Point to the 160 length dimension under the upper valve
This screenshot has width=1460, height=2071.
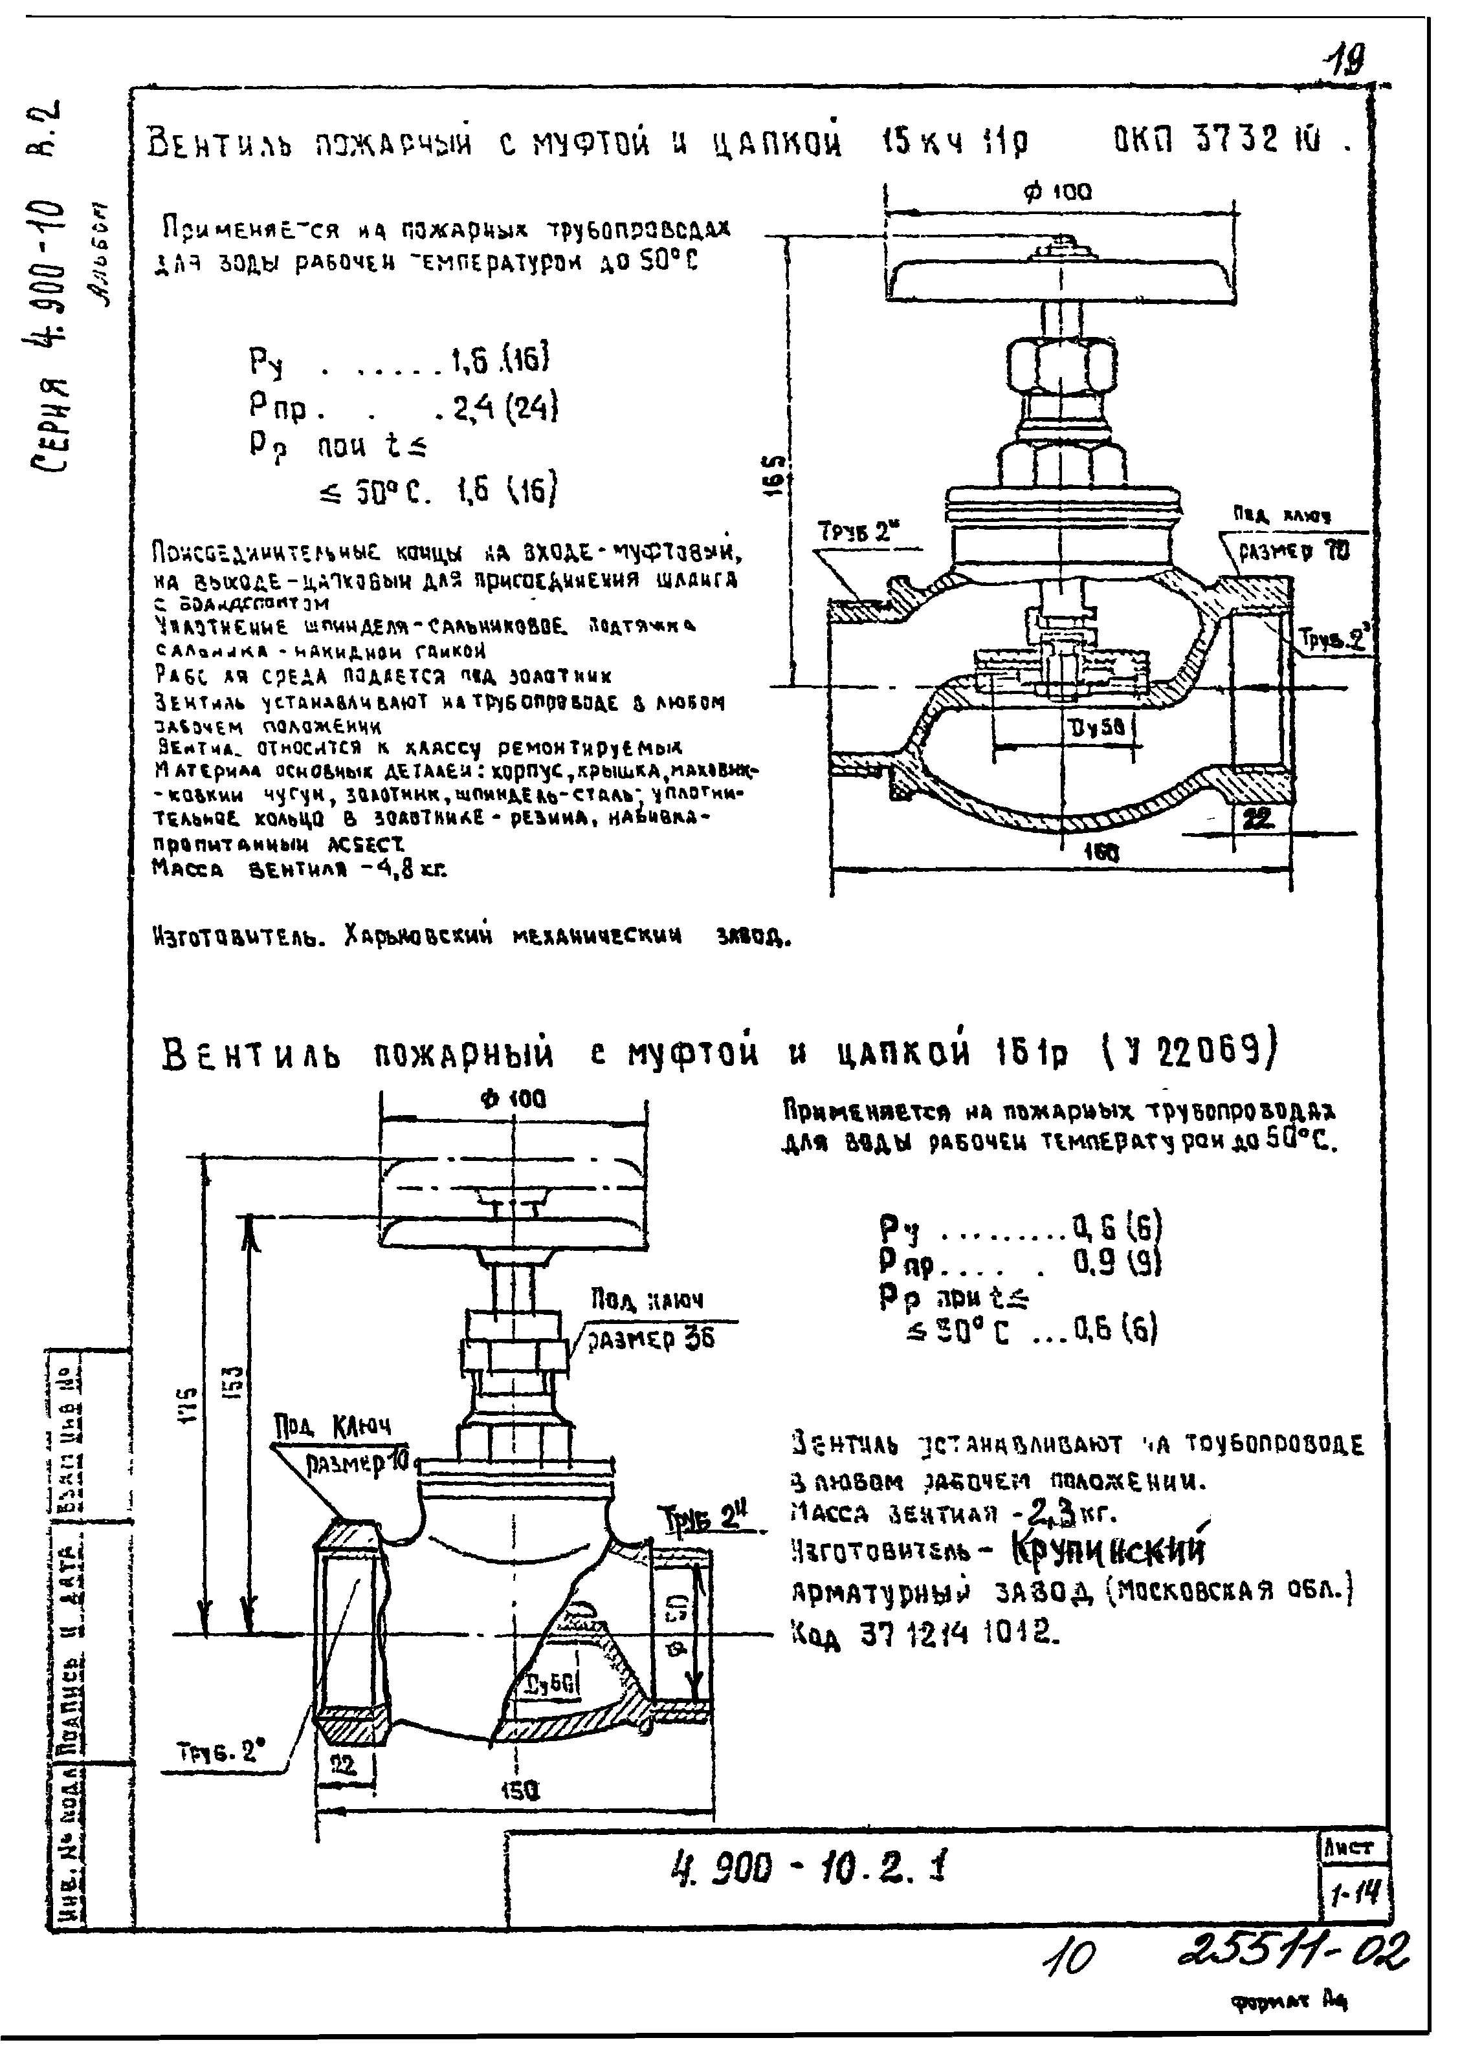click(1100, 852)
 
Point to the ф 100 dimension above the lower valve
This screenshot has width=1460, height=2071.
click(513, 1099)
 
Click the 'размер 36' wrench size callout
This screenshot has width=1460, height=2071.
click(650, 1339)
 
